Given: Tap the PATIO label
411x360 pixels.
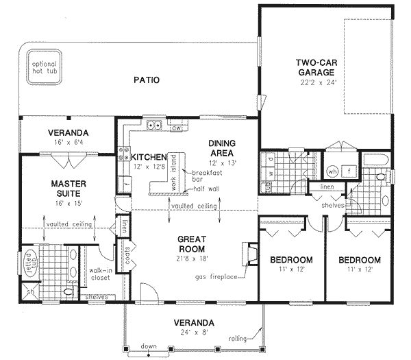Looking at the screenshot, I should [x=147, y=80].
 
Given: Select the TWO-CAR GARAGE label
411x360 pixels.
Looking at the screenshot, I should [x=315, y=67].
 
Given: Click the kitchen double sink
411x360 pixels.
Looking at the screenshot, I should [x=153, y=125].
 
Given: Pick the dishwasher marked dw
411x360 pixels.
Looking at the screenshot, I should [x=176, y=127].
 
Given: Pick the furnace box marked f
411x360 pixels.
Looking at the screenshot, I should [x=348, y=171].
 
